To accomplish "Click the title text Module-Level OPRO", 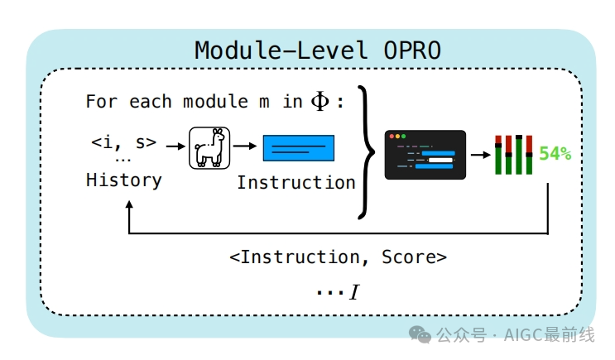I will (x=318, y=50).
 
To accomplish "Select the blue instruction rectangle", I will (x=299, y=148).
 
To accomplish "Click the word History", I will (x=124, y=180).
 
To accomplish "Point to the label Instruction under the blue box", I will (x=296, y=182).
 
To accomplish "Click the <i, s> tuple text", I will (x=123, y=142).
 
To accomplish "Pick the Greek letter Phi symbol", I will (x=320, y=102).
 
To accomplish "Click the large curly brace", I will (x=368, y=151).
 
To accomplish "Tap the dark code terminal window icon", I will (x=425, y=155).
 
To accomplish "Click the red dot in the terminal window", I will (x=392, y=137).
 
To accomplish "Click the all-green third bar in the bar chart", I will (x=518, y=155).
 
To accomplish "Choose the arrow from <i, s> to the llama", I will (x=174, y=146).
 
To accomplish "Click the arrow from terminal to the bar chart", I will (x=479, y=154).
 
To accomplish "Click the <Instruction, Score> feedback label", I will (x=338, y=257).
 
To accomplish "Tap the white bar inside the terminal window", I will (x=439, y=160).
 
